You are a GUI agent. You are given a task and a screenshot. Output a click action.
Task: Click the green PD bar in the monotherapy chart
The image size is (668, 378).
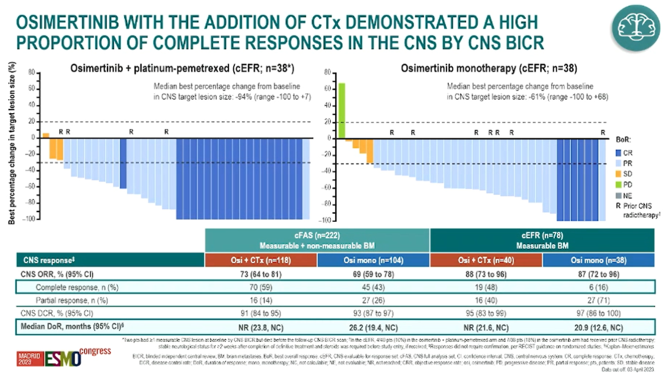coord(342,110)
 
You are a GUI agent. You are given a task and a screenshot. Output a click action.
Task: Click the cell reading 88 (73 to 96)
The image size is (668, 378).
coord(486,273)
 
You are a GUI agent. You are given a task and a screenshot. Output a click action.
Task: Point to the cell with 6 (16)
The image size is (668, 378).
coord(599,287)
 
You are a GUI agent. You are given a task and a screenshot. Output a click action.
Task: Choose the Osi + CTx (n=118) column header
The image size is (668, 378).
coord(260,260)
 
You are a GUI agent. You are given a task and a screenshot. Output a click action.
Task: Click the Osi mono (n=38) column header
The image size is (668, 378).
coord(599,260)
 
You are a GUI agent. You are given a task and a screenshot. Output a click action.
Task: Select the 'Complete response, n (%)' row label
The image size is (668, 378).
coord(71,287)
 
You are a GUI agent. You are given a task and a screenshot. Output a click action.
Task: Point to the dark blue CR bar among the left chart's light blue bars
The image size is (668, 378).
coord(123,163)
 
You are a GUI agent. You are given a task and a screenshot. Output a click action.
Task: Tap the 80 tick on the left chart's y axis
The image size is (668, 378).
coord(31,72)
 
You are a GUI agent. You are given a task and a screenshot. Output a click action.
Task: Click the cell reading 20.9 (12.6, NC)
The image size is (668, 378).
coord(599,327)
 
